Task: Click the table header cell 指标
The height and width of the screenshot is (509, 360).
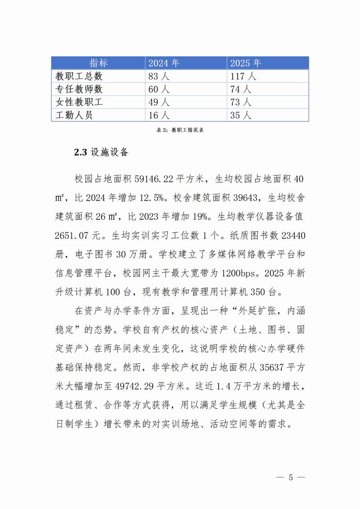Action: (99, 63)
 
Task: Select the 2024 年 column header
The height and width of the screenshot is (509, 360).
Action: (164, 63)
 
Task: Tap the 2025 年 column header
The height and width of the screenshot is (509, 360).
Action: (246, 63)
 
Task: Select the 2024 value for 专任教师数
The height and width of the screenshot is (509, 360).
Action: (158, 89)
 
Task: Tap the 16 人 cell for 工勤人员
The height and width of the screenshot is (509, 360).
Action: (158, 115)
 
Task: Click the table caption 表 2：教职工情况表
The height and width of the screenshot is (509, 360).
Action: (180, 130)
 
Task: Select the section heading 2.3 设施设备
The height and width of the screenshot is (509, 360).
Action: (101, 152)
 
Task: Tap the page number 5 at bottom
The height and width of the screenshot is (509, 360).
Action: (290, 478)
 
